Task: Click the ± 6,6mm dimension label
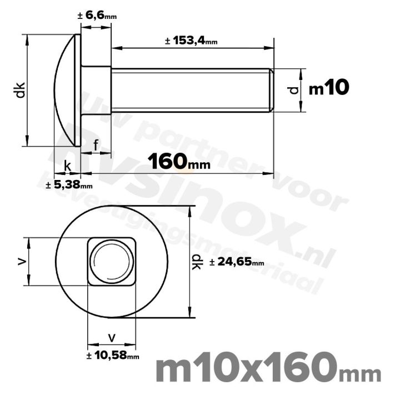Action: pos(97,17)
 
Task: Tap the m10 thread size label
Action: pos(328,88)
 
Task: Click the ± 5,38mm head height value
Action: pos(69,184)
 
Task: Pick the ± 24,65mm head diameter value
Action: pos(237,262)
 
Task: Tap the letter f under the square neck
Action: pos(96,146)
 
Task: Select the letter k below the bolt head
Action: pos(67,166)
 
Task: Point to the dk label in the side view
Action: pos(20,90)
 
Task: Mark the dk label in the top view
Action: pos(197,262)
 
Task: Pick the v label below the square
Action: pos(112,337)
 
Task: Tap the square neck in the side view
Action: pos(96,90)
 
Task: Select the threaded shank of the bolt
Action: pos(189,90)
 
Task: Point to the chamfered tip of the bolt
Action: pos(272,90)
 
